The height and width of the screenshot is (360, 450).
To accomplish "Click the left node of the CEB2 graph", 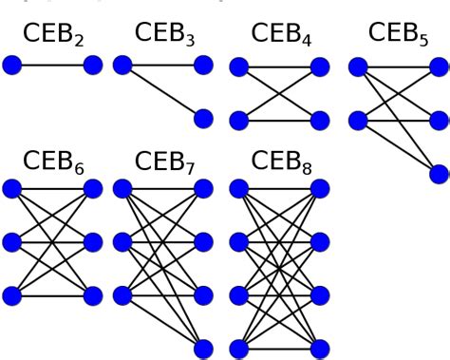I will pos(11,66).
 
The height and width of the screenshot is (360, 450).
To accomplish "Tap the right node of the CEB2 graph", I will pos(93,66).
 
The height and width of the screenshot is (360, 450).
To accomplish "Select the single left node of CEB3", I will pos(122,66).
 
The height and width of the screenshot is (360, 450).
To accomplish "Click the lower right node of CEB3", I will pos(203,119).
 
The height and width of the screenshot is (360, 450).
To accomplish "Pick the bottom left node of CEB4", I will pos(239,120).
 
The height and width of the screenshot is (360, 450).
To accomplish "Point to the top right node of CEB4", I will pos(320,66).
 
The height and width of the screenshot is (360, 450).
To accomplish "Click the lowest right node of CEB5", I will pos(439,173).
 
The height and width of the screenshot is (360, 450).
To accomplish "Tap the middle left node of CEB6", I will pos(11,241).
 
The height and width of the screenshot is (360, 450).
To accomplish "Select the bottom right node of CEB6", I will pos(93,294).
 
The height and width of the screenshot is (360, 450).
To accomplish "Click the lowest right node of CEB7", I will pos(203,348).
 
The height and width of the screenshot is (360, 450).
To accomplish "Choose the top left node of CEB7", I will pos(122,188).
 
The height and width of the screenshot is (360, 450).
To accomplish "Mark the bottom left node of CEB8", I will pos(239,348).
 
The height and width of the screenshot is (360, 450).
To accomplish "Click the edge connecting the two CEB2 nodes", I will pos(52,66).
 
